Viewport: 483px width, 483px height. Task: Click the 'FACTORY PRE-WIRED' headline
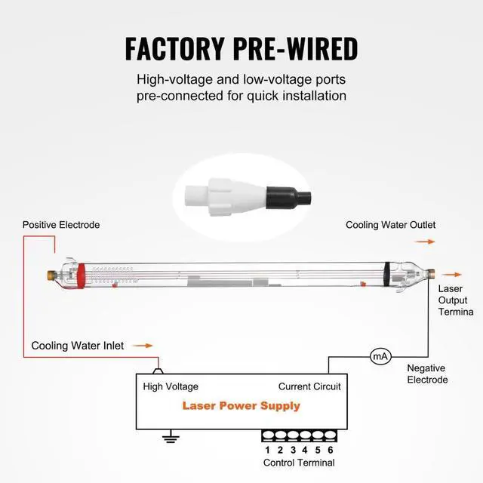click(x=241, y=48)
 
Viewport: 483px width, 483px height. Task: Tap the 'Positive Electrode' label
click(x=61, y=225)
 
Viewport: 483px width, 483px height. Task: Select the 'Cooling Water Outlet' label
click(x=390, y=225)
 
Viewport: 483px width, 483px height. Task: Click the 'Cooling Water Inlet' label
click(x=77, y=346)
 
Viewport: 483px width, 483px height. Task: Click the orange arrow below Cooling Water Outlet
click(x=426, y=241)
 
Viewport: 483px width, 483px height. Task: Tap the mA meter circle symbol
click(x=379, y=355)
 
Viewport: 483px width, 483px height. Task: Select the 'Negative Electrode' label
click(x=428, y=374)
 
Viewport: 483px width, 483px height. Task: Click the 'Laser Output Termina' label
click(x=456, y=300)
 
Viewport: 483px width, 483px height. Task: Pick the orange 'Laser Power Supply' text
click(x=241, y=406)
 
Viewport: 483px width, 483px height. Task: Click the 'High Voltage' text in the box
click(x=171, y=386)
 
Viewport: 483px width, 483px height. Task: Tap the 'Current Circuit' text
click(x=309, y=386)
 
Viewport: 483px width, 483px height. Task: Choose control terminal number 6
click(x=330, y=450)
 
